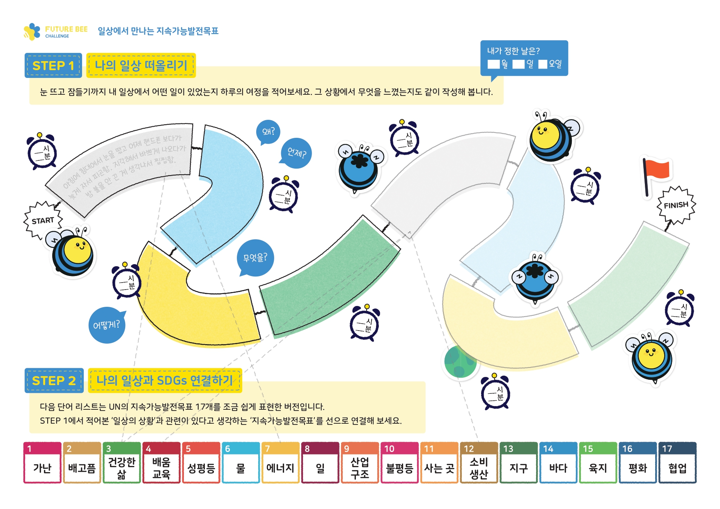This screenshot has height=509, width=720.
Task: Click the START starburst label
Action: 43,220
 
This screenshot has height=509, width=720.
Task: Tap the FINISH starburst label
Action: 676,205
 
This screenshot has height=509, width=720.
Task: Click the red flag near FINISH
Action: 657,172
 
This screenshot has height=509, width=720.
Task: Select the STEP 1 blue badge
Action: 53,65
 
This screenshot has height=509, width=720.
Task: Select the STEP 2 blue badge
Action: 54,381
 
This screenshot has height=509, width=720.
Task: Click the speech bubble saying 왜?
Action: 268,132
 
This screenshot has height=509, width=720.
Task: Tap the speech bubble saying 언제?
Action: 297,153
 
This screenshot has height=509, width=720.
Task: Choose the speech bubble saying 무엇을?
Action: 255,258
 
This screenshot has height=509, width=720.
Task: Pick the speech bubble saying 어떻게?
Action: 106,325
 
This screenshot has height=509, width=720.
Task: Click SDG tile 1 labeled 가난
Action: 42,463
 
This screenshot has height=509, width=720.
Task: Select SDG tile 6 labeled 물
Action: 241,463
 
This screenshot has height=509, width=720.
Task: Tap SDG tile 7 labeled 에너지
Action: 280,463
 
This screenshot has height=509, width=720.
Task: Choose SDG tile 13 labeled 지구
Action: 518,463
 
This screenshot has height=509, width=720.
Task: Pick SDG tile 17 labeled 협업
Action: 677,463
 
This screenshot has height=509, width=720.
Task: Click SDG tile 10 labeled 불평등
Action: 399,463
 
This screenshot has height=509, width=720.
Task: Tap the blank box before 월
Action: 493,64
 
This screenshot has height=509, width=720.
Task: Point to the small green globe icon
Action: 460,361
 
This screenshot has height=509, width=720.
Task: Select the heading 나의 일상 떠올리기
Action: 141,65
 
